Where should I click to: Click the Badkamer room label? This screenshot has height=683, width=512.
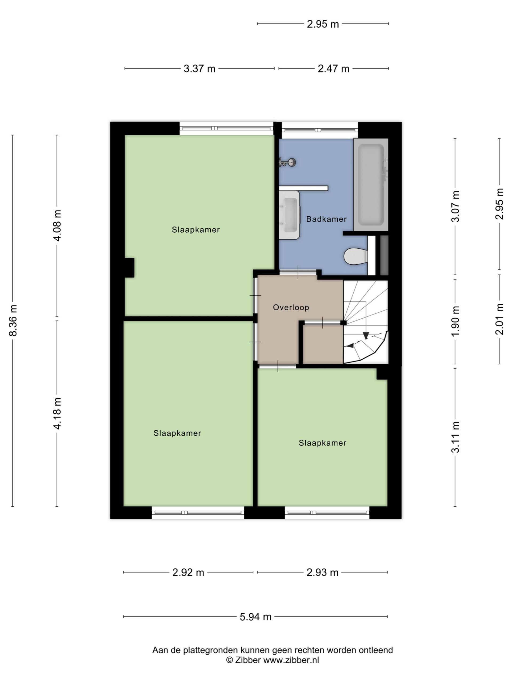pos(326,219)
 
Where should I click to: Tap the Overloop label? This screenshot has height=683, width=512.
pos(291,307)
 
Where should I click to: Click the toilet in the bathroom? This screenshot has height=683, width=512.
pos(356,256)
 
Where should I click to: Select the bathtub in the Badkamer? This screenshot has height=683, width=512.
pos(371,184)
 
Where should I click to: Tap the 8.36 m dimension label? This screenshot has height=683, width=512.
pos(13,320)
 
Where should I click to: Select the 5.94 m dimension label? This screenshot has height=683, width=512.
pos(255,617)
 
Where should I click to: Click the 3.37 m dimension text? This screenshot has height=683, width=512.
pos(199,69)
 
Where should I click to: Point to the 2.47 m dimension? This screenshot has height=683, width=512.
pos(333,69)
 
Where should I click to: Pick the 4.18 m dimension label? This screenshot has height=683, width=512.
pos(57,413)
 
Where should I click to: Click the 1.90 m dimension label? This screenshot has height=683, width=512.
pos(455,321)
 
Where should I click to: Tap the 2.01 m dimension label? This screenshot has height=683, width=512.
pos(499,319)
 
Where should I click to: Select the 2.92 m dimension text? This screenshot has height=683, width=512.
pos(188,573)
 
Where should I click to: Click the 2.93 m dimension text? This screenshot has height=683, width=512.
pos(322,573)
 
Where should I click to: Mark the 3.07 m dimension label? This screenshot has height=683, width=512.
pos(455,206)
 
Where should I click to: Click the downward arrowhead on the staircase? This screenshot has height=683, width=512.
pos(366,335)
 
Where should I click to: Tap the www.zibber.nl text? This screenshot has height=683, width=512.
pos(291,660)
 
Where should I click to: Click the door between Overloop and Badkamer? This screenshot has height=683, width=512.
pos(298,272)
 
